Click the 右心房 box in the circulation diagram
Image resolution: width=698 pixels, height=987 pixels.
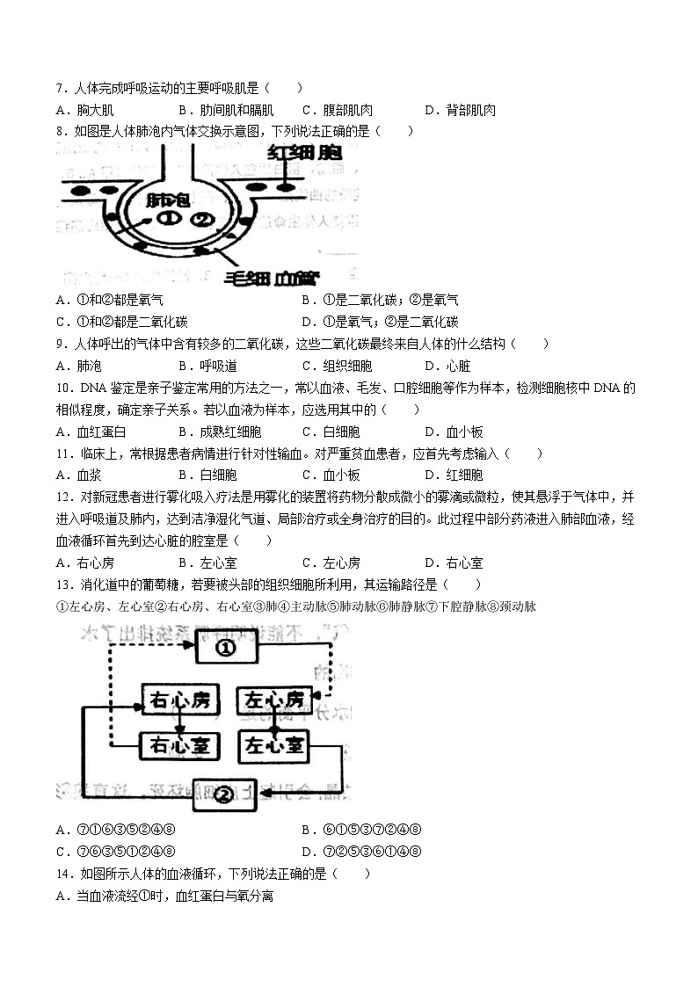pos(178,700)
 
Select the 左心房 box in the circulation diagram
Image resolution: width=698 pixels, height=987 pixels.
pos(275,700)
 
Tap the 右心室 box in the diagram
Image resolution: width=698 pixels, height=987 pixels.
pos(178,746)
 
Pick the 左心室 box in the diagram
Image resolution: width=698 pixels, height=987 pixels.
pos(275,746)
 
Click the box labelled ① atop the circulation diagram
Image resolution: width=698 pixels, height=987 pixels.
pos(225,648)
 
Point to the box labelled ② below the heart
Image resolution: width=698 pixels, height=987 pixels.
pos(225,794)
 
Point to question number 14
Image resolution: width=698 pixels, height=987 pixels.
pos(62,874)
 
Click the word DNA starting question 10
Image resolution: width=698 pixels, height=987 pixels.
pos(92,388)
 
